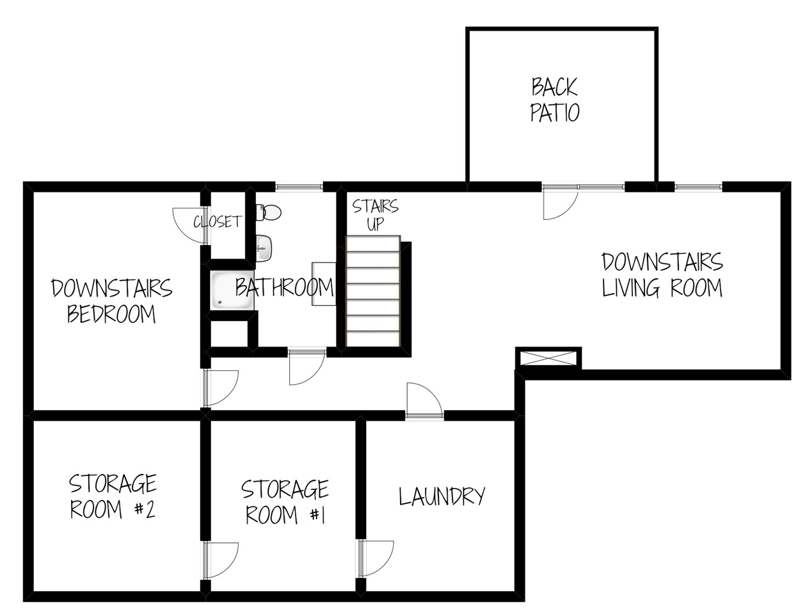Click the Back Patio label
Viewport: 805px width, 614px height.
pyautogui.click(x=555, y=99)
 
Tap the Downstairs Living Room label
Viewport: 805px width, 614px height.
pyautogui.click(x=662, y=275)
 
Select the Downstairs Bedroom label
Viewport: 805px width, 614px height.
pyautogui.click(x=111, y=301)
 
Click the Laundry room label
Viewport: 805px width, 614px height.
pyautogui.click(x=442, y=496)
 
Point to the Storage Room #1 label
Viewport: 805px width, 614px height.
pyautogui.click(x=285, y=502)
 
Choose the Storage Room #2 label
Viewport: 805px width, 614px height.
pyautogui.click(x=113, y=496)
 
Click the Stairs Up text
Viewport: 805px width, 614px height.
pyautogui.click(x=375, y=215)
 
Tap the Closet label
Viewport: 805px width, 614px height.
pyautogui.click(x=218, y=221)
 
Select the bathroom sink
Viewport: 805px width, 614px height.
pyautogui.click(x=264, y=248)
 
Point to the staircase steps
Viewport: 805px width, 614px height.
pyautogui.click(x=373, y=292)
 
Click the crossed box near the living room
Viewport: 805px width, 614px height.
pyautogui.click(x=548, y=358)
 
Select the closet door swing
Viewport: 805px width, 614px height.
pyautogui.click(x=188, y=224)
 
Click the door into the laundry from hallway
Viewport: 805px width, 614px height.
pyautogui.click(x=423, y=400)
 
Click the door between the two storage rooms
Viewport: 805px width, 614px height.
pyautogui.click(x=221, y=560)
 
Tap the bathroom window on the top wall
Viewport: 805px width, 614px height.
pyautogui.click(x=299, y=187)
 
